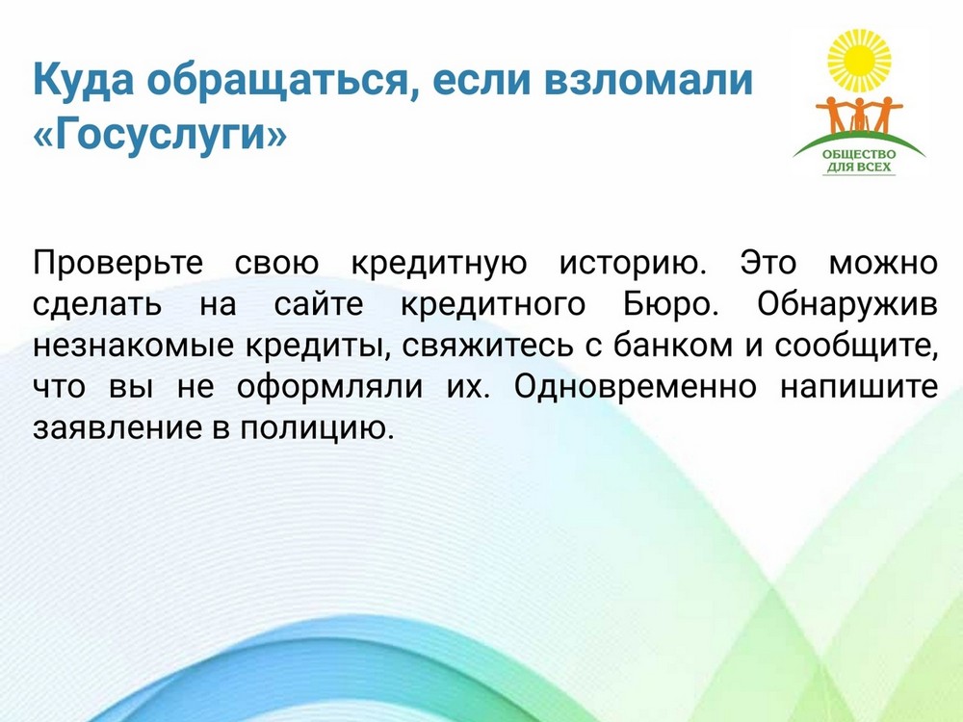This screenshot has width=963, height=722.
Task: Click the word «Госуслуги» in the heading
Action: (x=160, y=133)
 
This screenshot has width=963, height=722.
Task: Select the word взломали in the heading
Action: (x=648, y=79)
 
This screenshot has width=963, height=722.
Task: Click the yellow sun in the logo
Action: (x=859, y=60)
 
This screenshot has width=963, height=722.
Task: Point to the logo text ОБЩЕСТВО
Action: (x=859, y=154)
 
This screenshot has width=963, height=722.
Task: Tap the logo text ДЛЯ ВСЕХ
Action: (x=859, y=167)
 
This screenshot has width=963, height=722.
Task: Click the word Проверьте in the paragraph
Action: (x=117, y=264)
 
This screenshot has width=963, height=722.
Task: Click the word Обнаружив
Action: (x=846, y=304)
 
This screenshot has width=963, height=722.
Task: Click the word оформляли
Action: (x=329, y=388)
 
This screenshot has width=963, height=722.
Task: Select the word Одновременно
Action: (x=635, y=387)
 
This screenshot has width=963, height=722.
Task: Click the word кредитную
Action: (x=438, y=264)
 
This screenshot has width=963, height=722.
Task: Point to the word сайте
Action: (x=319, y=304)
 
